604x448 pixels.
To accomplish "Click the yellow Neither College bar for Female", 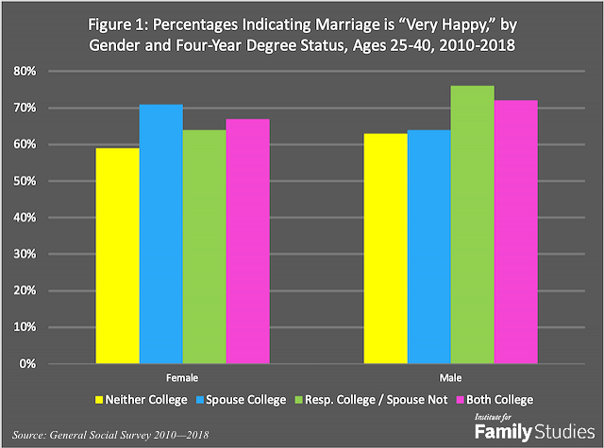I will [x=117, y=256].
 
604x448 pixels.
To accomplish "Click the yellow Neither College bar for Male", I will [x=387, y=248].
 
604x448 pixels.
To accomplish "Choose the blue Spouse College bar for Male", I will [x=430, y=246].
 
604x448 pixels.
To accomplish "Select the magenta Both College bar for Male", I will [x=517, y=232].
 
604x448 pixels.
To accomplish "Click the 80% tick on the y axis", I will [x=51, y=72].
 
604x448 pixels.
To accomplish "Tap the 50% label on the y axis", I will [x=51, y=181].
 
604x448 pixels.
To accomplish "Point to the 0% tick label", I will [x=55, y=364].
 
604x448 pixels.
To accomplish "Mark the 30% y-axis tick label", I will [x=51, y=255].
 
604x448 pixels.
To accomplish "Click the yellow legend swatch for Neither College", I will [x=96, y=399].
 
